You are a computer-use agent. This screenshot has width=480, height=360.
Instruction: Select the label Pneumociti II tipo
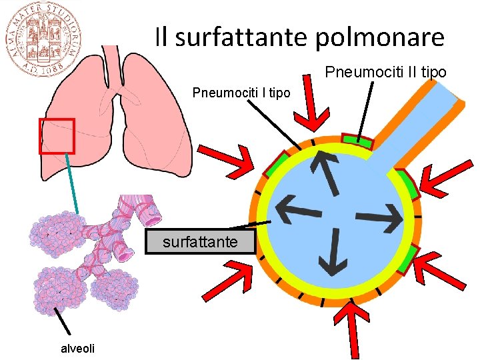click(385, 72)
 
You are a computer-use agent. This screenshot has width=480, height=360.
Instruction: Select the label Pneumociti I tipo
click(241, 93)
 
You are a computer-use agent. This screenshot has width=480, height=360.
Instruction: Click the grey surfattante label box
click(200, 242)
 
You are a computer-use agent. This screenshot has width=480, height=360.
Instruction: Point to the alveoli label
click(77, 348)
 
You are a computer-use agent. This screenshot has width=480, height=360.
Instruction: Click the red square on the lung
click(57, 135)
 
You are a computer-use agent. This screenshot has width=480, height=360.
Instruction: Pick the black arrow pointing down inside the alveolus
click(331, 251)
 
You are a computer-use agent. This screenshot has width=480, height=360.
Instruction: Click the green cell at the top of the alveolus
click(357, 140)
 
